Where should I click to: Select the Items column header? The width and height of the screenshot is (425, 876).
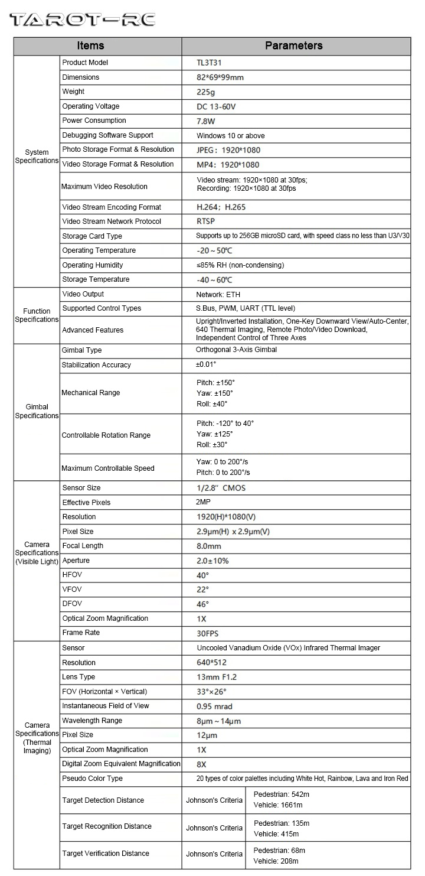click(90, 45)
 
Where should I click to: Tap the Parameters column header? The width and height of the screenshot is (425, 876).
click(293, 45)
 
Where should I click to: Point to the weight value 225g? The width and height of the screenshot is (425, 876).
click(206, 92)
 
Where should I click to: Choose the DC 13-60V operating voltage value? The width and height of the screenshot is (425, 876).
click(216, 106)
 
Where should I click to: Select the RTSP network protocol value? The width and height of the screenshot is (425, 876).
click(206, 222)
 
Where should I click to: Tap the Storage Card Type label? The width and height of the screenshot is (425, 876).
click(92, 236)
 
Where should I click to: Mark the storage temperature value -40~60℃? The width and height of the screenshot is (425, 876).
click(214, 279)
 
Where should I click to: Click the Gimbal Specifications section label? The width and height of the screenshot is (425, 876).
click(37, 411)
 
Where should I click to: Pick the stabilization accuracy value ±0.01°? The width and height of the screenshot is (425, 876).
click(206, 365)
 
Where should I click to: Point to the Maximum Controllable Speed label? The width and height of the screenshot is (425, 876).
click(108, 468)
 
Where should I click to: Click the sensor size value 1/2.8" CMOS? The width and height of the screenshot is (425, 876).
click(221, 488)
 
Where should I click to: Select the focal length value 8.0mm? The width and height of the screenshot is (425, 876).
click(209, 546)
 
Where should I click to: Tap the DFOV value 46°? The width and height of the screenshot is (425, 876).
click(202, 604)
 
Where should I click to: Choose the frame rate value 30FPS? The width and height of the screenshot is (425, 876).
click(207, 633)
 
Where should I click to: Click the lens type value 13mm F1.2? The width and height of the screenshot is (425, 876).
click(217, 677)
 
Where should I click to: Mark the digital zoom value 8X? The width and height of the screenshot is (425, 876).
click(201, 764)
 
